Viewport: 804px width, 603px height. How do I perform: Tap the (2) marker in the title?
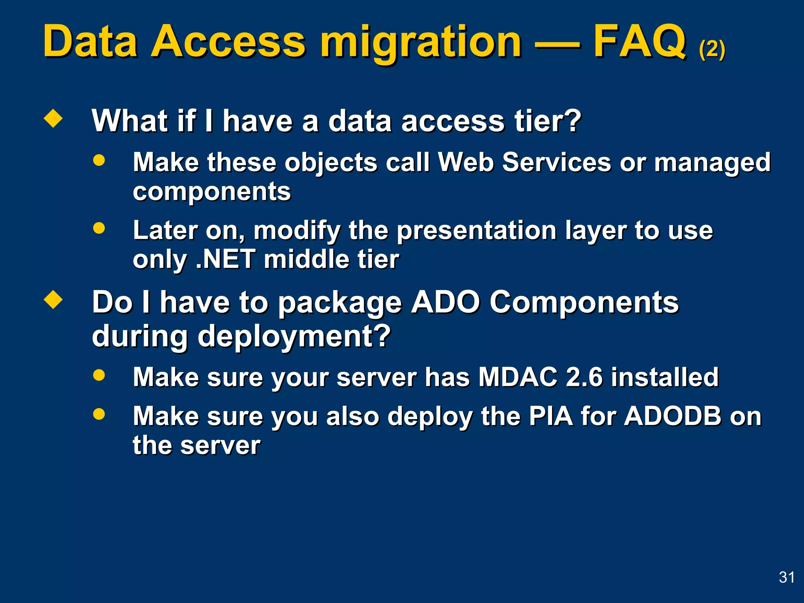coord(712,49)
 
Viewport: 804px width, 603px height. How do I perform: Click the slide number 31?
coord(787,577)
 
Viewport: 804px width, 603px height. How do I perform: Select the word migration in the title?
coord(421,43)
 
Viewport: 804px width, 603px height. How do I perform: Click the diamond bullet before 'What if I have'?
coord(53,119)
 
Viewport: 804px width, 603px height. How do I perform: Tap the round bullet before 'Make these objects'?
coord(99,160)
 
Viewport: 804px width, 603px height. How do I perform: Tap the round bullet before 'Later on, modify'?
coord(99,228)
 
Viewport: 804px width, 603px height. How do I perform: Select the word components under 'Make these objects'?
coord(212,192)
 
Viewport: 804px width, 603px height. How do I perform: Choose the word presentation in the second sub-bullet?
coord(476,230)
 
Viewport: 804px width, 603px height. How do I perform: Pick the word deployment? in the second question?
coord(294,337)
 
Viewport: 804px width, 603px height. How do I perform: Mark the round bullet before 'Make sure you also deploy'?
coord(99,414)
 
